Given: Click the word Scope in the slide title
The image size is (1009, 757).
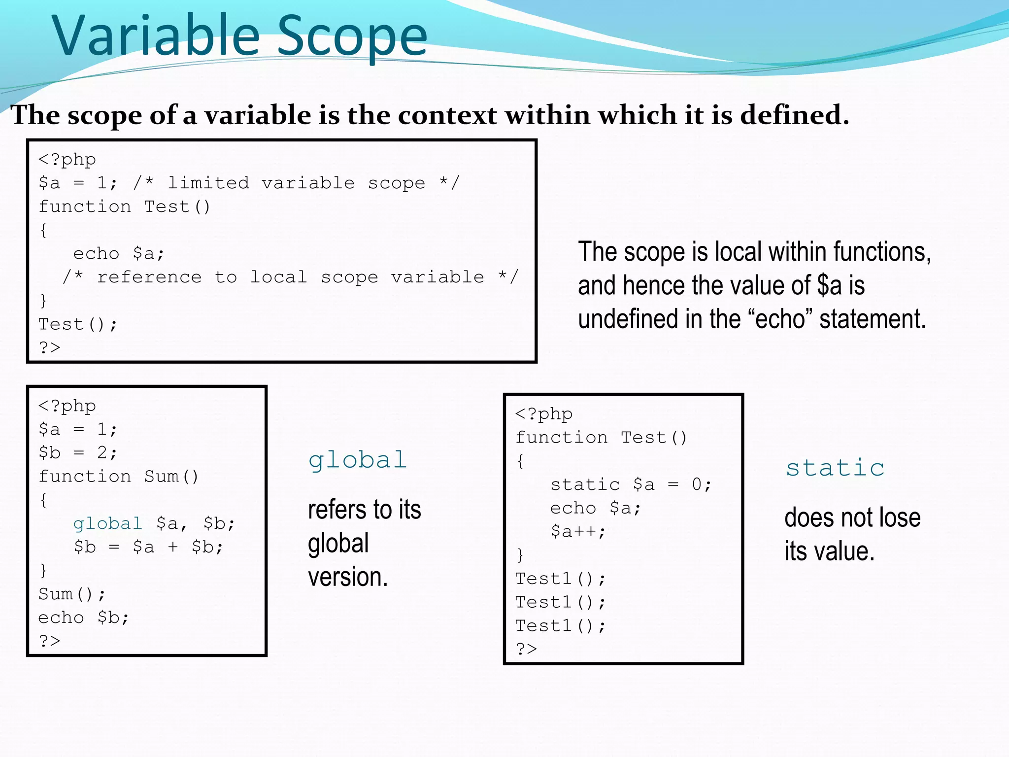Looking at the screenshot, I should coord(352,35).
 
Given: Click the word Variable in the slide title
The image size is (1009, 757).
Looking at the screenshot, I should coord(156,35).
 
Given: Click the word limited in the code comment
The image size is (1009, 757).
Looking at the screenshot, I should coord(208,183).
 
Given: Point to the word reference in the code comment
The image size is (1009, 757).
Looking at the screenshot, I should coord(149,277).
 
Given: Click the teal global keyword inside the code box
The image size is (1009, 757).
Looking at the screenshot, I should coord(107,523).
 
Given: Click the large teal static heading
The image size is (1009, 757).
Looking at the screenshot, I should coord(835,468).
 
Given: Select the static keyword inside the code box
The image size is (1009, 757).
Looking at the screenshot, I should coord(585,484).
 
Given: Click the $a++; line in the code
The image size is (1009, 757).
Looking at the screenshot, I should coord(578,531).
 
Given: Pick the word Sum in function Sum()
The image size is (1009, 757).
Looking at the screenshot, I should coord(162,476).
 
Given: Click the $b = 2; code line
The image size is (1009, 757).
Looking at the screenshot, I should coord(78,452).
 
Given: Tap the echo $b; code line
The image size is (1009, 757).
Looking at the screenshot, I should coord(84,618).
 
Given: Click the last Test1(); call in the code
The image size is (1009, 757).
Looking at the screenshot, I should coord(560,625).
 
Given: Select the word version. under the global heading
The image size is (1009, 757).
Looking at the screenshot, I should coord(348,577).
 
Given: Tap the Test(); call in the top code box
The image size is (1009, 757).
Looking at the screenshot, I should coord(78,324).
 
